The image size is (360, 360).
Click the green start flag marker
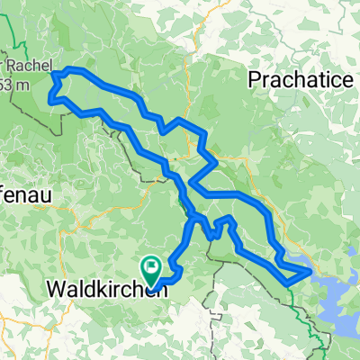(x=150, y=267)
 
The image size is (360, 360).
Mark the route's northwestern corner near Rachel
(x=56, y=74)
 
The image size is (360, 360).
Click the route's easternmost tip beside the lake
(x=311, y=269)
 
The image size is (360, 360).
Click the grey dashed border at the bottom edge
(x=213, y=346)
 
